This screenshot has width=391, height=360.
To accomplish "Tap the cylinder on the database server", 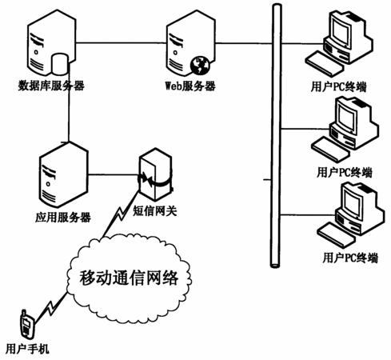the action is tap(60, 64).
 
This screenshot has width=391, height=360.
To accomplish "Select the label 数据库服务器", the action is tap(51, 86).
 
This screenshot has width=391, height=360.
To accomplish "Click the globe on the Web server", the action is tap(200, 65).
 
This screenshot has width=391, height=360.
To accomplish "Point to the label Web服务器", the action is tap(190, 86).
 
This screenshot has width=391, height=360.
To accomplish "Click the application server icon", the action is tap(63, 174).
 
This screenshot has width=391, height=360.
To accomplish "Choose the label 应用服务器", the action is tap(63, 218).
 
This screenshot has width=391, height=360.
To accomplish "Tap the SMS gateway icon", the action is tap(155, 174).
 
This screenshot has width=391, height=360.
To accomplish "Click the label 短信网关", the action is tap(155, 211).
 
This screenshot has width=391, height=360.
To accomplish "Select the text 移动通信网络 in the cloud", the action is tap(129, 278).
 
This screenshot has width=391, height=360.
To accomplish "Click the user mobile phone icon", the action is tap(27, 323).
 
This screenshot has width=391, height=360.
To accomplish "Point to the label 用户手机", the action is tap(27, 349).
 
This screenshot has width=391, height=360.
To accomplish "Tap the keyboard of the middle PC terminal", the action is tap(330, 150).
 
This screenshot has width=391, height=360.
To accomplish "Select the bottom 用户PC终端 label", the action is tap(350, 258).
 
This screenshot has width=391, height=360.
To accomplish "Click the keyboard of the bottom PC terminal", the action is tap(337, 234).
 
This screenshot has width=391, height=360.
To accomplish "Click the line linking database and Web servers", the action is tap(122, 42).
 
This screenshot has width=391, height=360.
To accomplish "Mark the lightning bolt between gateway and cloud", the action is tap(121, 214).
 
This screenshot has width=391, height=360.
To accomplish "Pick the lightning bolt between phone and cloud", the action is tap(51, 307).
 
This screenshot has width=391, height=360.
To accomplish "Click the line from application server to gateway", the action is tap(113, 174).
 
